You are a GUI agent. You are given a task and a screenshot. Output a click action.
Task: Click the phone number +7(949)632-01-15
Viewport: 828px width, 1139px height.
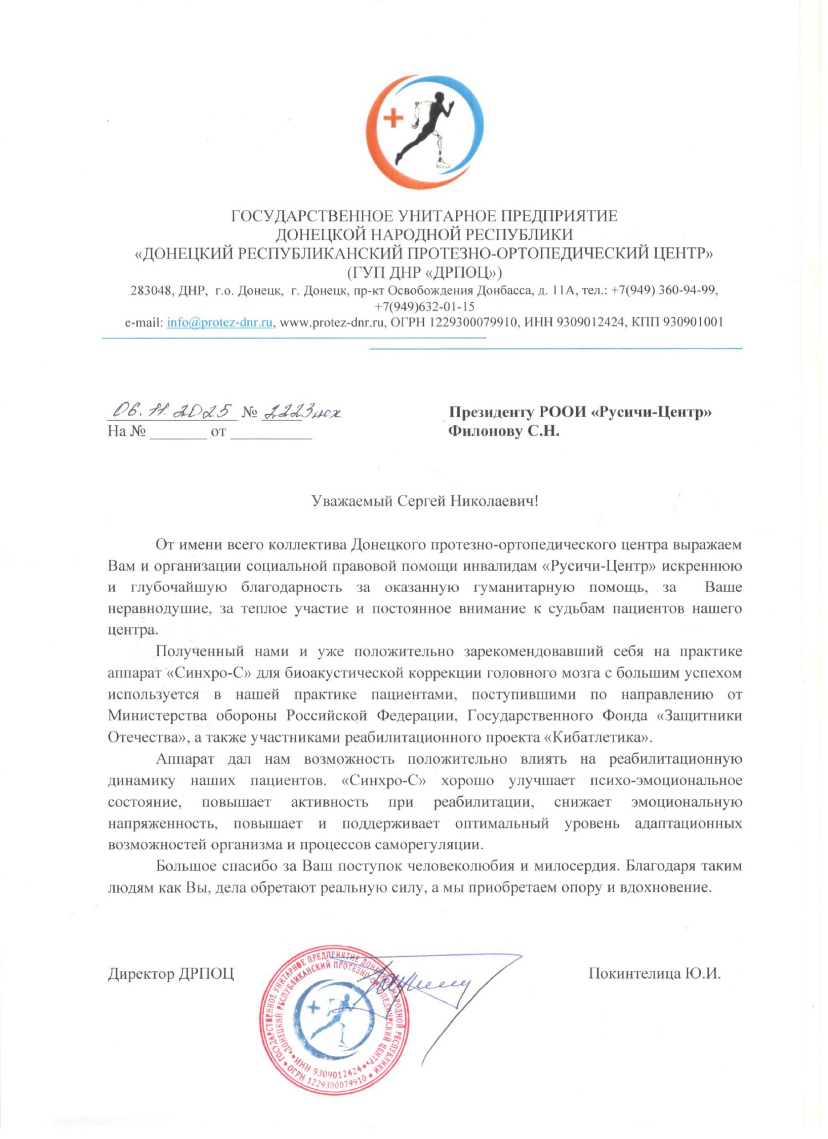tap(425, 307)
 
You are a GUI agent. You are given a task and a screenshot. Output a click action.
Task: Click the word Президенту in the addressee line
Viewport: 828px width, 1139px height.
tap(490, 412)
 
